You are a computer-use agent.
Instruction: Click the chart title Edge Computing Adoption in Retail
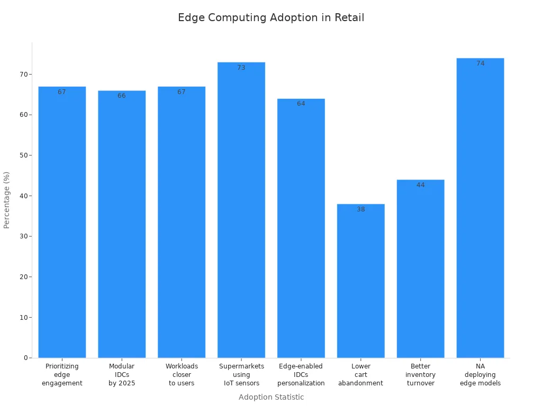click(271, 17)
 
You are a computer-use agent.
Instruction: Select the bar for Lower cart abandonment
click(360, 281)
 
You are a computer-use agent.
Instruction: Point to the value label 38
click(360, 209)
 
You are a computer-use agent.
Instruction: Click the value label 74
click(480, 63)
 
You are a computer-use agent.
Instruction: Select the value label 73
click(241, 68)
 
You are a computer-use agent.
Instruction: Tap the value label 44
click(420, 185)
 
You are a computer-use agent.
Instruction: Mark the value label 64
click(301, 104)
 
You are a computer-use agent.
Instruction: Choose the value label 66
click(122, 96)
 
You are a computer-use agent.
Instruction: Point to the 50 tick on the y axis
click(23, 155)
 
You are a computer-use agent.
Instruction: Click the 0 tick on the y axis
click(25, 358)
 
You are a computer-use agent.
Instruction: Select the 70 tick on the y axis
click(23, 75)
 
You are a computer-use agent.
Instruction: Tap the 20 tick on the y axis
click(23, 277)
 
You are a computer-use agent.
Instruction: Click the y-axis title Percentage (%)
click(7, 200)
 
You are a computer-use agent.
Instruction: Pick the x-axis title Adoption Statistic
click(271, 397)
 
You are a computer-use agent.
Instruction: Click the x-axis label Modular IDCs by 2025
click(122, 375)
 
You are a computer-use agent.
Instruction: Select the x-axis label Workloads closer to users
click(182, 375)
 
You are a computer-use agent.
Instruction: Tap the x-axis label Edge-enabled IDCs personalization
click(301, 375)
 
